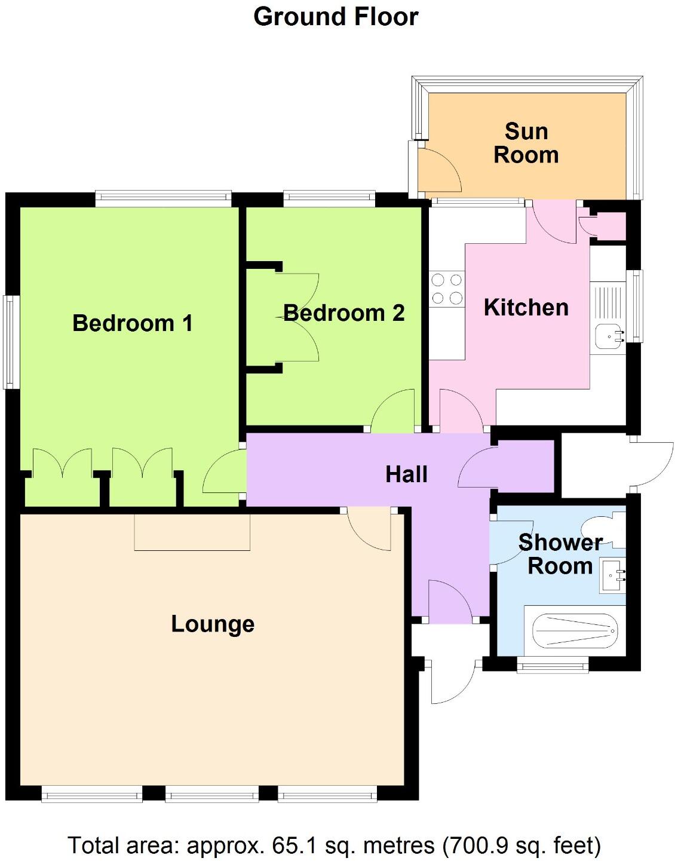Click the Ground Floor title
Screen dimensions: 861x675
coord(336,17)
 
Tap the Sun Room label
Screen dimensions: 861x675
coord(526,143)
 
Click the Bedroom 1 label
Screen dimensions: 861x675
coord(133,323)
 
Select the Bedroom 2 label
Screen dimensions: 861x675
coord(344,313)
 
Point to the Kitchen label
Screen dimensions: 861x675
coord(526,308)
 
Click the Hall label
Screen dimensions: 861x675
coord(406,474)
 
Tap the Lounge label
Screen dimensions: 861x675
coord(213,624)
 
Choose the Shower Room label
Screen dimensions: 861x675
coord(560,554)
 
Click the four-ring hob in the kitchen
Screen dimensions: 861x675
coord(447,289)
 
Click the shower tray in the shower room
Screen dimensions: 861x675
coord(574,631)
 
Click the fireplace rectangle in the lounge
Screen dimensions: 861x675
coord(192,532)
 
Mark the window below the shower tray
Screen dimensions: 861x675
coord(553,665)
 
